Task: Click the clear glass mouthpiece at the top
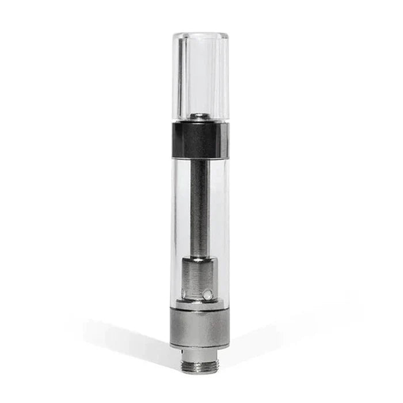tap(200, 75)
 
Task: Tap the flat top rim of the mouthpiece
tap(200, 35)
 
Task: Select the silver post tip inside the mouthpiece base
tap(200, 117)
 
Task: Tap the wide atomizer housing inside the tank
tap(199, 279)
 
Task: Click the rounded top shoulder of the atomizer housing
tap(199, 262)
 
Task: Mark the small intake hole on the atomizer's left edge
tap(185, 292)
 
